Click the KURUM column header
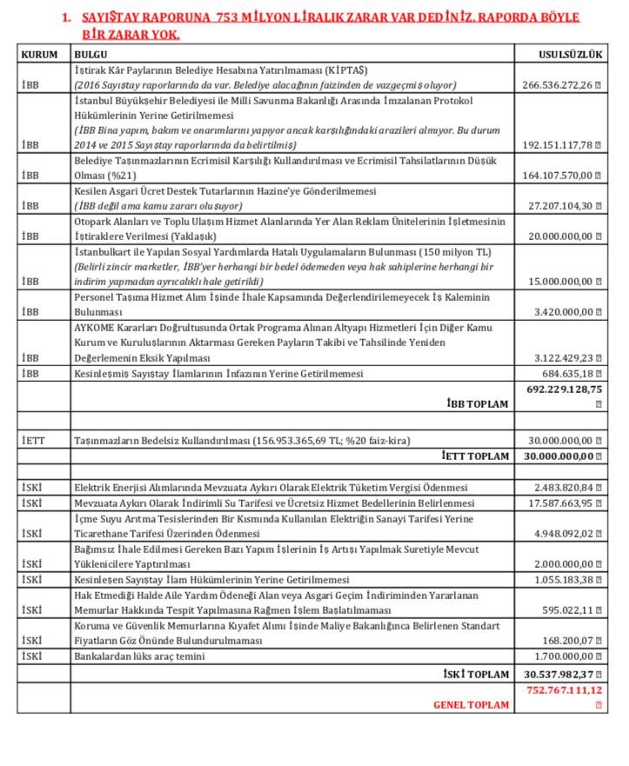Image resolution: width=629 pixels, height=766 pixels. [x=38, y=54]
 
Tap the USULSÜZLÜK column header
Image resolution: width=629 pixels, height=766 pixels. [x=570, y=54]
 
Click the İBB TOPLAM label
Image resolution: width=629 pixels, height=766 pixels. [x=478, y=404]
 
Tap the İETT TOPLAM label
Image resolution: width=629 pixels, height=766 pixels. [x=474, y=456]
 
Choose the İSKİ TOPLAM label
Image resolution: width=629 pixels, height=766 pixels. [x=476, y=674]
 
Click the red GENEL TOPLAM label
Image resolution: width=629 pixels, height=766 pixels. [x=471, y=704]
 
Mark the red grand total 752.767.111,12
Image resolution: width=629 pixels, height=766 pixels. [x=564, y=689]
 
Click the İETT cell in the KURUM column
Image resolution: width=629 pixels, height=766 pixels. [x=32, y=441]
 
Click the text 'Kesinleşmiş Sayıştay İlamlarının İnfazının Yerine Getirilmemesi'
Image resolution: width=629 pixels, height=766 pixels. [x=218, y=374]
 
